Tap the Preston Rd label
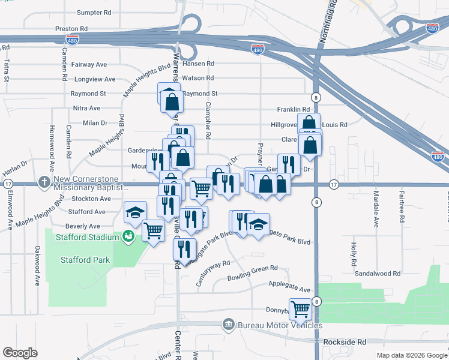pos(71,28)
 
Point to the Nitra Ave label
pos(86,108)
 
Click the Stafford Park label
pos(85,260)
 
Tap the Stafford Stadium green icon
pos(128,237)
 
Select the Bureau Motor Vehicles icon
pos(228,325)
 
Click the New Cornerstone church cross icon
pos(44,181)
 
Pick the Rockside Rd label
pos(344,341)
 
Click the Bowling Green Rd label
pos(252,277)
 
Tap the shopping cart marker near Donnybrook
pos(300,309)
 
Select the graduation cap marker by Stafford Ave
pos(135,212)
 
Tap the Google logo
pos(20,353)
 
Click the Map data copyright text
pos(411,355)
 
